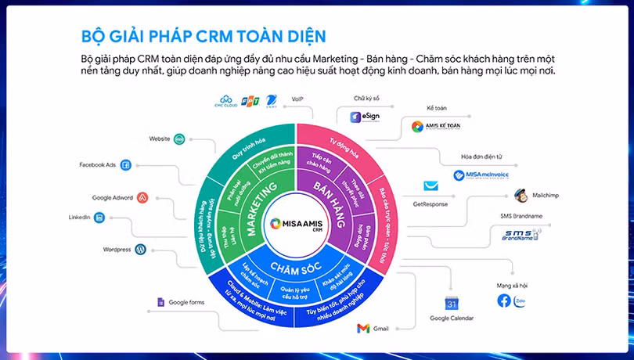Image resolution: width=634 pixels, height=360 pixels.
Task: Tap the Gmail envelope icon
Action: coord(362,329)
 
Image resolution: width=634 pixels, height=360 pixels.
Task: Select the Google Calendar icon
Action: coord(451,303)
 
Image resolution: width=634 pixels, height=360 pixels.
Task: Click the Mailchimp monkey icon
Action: coord(521,195)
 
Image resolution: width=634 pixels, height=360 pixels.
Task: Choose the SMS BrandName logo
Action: coord(521,234)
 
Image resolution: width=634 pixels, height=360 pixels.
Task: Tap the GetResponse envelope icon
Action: coord(430,186)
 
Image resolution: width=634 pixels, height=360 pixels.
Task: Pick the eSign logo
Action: coord(365,117)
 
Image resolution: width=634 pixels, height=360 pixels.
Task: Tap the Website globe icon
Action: coord(179,139)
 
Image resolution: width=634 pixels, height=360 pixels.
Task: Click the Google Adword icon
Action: coord(142,197)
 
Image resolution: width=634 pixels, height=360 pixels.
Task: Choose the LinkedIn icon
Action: coord(101,218)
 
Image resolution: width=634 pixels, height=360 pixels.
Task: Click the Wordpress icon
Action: coord(140,250)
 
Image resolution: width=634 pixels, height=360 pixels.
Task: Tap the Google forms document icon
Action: coord(160,302)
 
